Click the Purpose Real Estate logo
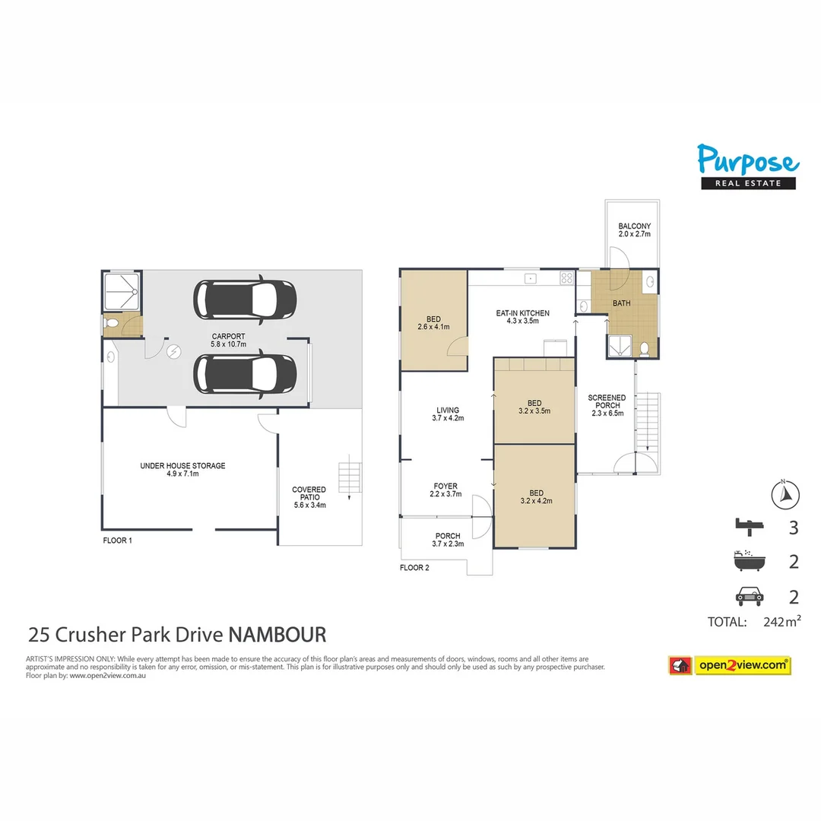coord(748,166)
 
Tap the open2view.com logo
coord(729,665)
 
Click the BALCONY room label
coord(634,230)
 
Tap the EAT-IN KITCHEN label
coord(522,317)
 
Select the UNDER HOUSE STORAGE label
coord(182,470)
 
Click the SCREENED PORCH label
coord(607,405)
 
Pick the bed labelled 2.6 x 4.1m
coord(433,323)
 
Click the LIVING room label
coord(447,414)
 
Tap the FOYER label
coord(445,490)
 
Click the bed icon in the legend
coord(748,525)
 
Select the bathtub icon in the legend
coord(748,561)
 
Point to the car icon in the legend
coord(748,597)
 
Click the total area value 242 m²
coord(781,622)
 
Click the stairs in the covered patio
coord(348,478)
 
